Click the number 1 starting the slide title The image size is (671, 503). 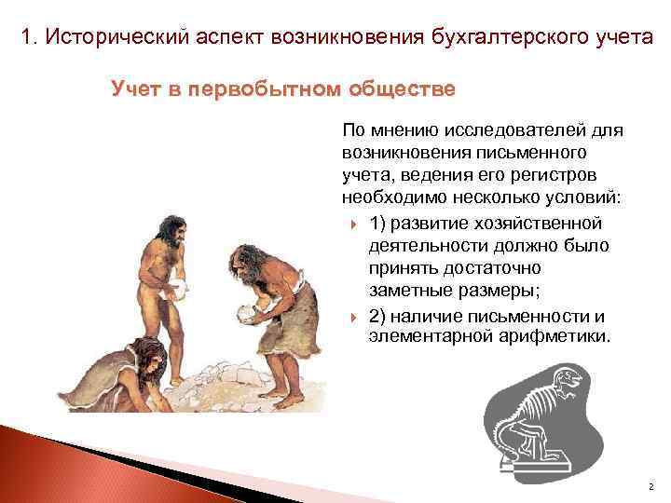point(28,38)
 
